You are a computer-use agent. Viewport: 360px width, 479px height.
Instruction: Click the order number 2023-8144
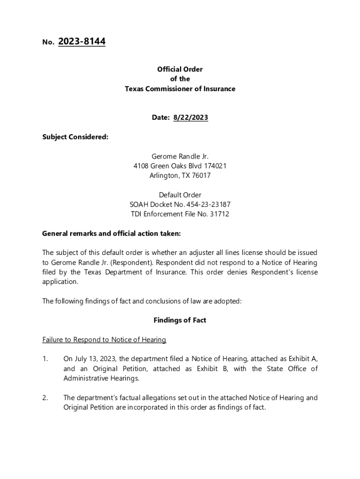(x=82, y=42)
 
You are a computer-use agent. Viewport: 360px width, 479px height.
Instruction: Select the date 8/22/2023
(x=190, y=117)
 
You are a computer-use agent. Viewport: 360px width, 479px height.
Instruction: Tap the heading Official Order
(x=180, y=69)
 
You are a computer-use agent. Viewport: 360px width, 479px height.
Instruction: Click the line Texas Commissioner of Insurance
(x=180, y=89)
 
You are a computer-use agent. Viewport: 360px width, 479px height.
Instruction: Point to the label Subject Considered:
(x=75, y=137)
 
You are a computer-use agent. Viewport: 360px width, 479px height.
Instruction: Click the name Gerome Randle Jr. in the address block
(x=180, y=156)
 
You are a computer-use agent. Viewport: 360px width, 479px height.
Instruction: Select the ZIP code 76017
(x=201, y=176)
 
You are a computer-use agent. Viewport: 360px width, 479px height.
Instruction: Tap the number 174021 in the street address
(x=213, y=166)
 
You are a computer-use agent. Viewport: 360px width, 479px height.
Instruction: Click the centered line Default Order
(x=180, y=195)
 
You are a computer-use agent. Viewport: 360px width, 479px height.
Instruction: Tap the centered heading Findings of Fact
(x=180, y=320)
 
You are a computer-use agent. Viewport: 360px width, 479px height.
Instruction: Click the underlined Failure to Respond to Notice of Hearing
(x=104, y=340)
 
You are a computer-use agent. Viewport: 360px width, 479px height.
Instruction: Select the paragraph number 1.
(x=45, y=359)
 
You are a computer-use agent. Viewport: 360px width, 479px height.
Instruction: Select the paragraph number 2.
(x=45, y=398)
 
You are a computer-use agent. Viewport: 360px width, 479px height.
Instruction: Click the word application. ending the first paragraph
(x=60, y=282)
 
